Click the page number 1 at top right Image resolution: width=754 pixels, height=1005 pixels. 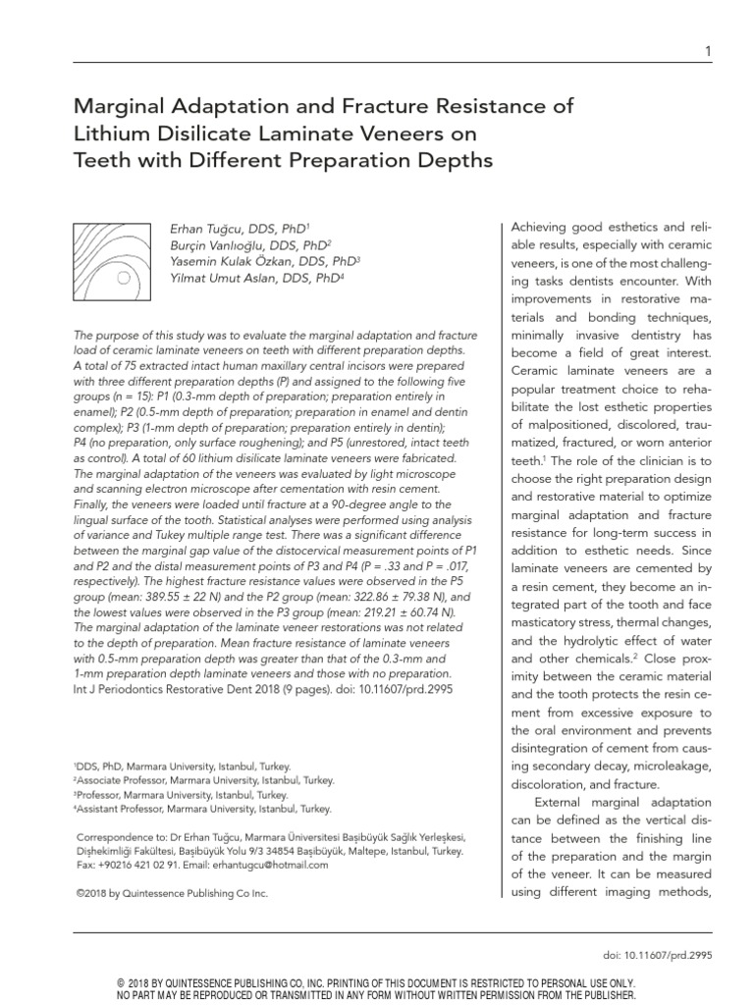(x=708, y=51)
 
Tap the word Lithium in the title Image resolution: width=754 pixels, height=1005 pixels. (x=114, y=133)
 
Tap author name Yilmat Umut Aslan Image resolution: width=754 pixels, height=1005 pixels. (x=225, y=279)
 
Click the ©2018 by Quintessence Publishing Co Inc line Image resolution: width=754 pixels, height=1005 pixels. (x=171, y=894)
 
